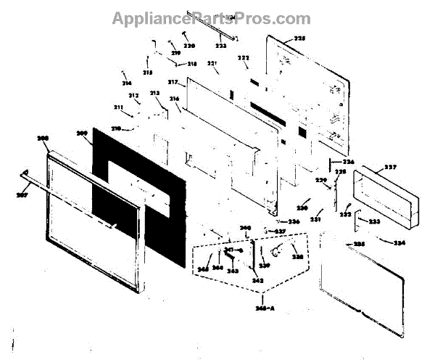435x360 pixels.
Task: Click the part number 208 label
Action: [x=43, y=138]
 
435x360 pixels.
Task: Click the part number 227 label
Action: [x=390, y=168]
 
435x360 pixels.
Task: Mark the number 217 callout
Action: [x=173, y=83]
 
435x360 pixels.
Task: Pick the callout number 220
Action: [x=189, y=46]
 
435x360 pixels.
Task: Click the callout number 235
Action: [x=358, y=245]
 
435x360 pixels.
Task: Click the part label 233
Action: [x=374, y=222]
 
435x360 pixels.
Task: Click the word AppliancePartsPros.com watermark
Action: [x=211, y=19]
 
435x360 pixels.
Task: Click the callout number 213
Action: [x=154, y=94]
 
